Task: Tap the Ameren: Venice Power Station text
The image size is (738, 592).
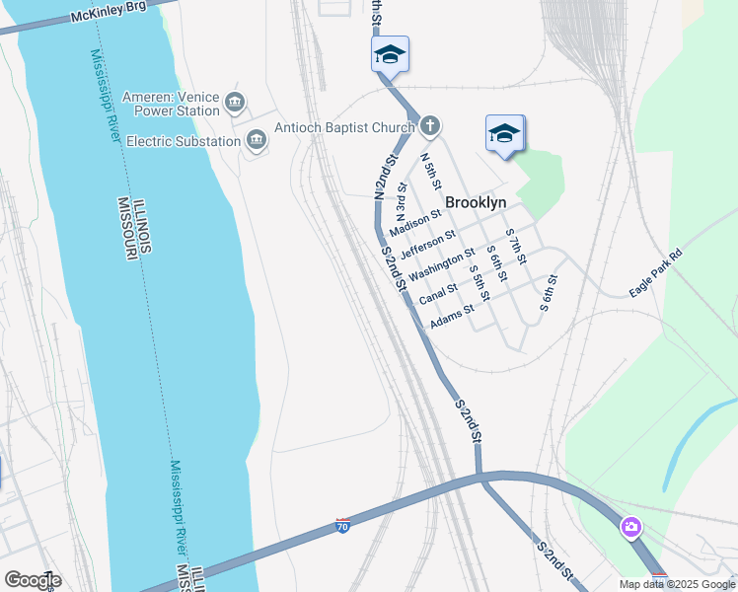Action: tap(171, 104)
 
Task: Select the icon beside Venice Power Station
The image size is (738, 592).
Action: tap(235, 102)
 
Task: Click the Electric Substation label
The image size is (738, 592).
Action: tap(184, 141)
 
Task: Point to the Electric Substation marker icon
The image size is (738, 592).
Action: tap(257, 141)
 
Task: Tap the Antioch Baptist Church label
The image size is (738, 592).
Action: tap(343, 125)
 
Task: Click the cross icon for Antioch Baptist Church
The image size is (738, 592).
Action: tap(429, 125)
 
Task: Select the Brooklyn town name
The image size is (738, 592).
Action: tap(476, 202)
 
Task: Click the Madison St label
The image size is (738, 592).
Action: tap(414, 224)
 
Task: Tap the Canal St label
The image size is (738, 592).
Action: tap(438, 294)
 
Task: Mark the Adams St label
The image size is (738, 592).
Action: tap(452, 315)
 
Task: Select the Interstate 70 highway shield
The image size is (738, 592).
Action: tap(342, 525)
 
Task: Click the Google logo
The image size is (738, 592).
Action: tap(33, 580)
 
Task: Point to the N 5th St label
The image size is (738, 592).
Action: tap(429, 171)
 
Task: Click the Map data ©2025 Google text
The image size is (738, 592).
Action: tap(676, 584)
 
